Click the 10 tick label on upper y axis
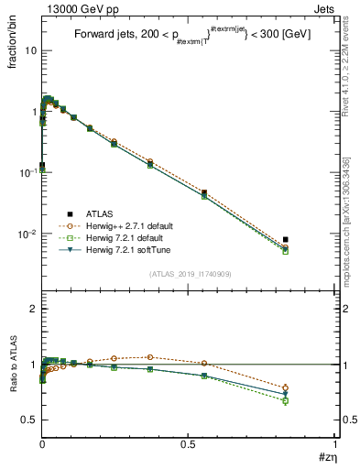click(x=29, y=51)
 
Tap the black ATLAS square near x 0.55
click(x=204, y=193)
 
